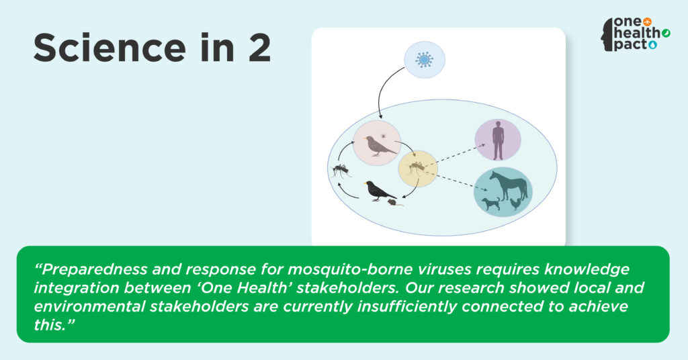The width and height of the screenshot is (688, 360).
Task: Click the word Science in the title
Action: point(110,48)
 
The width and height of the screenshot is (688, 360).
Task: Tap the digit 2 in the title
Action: point(259,48)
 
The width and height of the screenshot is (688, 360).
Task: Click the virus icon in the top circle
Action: point(425,60)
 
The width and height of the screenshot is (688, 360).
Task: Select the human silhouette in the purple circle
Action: point(498,140)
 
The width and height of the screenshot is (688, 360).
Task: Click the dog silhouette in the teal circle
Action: point(490,204)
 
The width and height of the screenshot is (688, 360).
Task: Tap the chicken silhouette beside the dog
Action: point(516,204)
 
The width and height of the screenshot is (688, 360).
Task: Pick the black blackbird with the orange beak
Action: point(380,191)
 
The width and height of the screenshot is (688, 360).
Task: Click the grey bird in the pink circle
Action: point(380,146)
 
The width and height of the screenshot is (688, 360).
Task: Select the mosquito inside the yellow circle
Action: point(417,167)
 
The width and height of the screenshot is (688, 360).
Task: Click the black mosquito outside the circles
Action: point(341,170)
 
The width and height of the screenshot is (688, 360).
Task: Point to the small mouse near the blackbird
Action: point(394,202)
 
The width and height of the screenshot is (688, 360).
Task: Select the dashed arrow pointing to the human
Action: point(454,155)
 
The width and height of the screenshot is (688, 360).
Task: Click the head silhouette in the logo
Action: point(607,35)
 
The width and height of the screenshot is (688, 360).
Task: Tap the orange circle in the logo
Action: point(647,21)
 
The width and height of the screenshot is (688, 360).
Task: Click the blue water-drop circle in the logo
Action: point(653,45)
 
